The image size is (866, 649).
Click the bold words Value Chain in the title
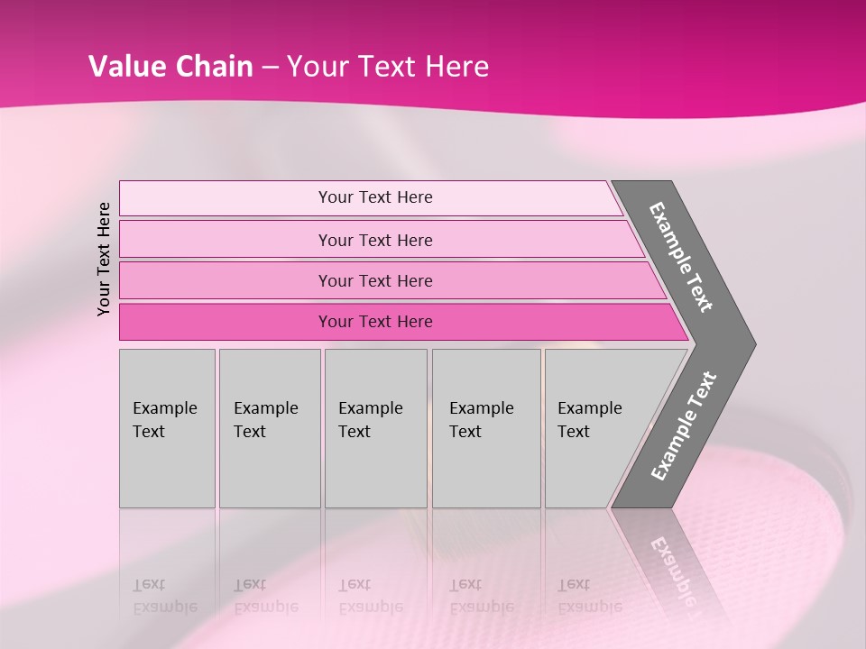click(170, 67)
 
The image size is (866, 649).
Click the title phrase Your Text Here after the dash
click(388, 67)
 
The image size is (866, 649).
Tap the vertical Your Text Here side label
click(104, 259)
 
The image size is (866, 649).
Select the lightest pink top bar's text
click(375, 197)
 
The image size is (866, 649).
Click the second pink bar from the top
click(375, 240)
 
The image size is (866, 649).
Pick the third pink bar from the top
click(375, 280)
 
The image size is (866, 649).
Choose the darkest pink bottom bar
click(375, 322)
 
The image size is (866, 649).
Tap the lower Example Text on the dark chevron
click(683, 426)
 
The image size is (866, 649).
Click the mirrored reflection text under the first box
click(164, 595)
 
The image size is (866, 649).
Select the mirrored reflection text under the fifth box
click(589, 595)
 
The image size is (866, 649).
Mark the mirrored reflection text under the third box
click(370, 595)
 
